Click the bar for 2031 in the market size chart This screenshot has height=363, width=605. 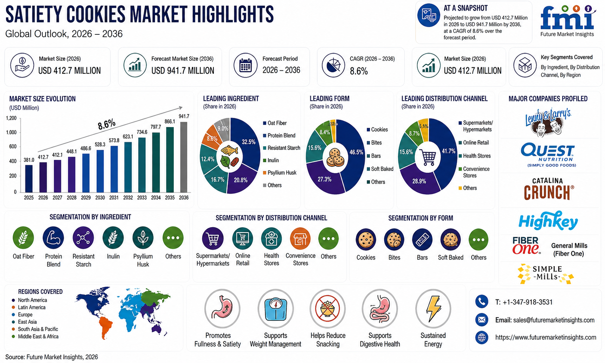click(114, 169)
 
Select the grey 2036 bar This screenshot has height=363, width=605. click(183, 157)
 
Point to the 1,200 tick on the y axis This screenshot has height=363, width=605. click(11, 118)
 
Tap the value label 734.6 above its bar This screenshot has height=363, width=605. click(142, 132)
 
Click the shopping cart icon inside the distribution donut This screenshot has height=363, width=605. click(428, 157)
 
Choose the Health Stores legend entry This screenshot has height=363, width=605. click(475, 156)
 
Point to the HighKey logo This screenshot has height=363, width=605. click(548, 221)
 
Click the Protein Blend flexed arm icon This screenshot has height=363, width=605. click(53, 238)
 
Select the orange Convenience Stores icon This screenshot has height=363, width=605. click(300, 239)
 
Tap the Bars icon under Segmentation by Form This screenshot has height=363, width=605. click(422, 240)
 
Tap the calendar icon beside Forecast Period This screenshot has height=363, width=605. click(246, 65)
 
